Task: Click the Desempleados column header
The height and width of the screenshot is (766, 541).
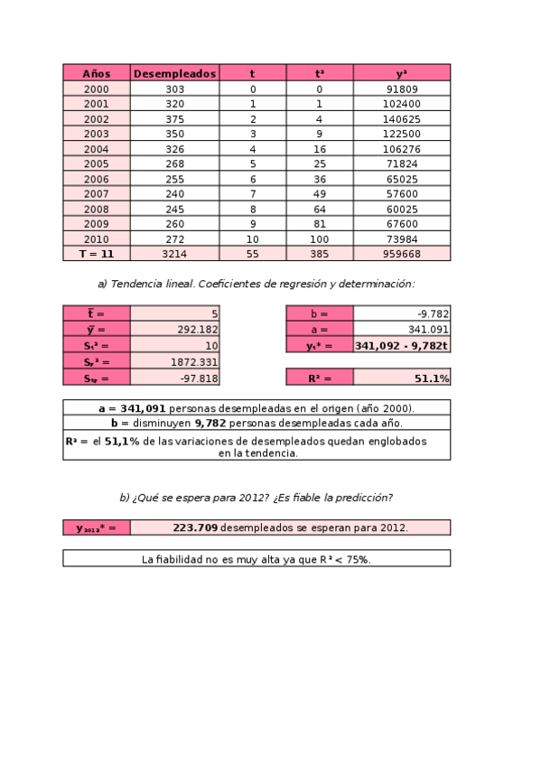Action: tap(175, 73)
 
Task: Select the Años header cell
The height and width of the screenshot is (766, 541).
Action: tap(96, 73)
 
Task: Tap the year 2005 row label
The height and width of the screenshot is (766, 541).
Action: tap(96, 163)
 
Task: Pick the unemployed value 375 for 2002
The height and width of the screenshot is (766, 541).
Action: tap(175, 119)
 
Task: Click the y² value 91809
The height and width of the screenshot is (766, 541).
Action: tap(401, 89)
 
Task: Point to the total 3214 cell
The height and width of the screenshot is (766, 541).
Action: tap(173, 254)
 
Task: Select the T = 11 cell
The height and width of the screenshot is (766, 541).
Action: tap(96, 254)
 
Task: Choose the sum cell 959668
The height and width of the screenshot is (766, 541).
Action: tap(401, 254)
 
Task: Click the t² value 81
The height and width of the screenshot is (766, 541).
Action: tap(319, 224)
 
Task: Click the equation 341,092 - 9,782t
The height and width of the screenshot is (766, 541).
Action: tap(402, 345)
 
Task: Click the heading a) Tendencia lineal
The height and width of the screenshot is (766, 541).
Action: tap(256, 284)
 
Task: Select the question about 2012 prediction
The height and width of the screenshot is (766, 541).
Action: tap(256, 498)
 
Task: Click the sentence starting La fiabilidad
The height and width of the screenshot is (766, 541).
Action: tap(256, 559)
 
